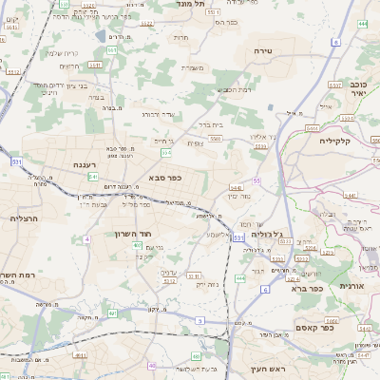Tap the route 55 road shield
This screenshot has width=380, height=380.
click(x=256, y=180)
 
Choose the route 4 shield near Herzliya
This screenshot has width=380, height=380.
click(x=85, y=238)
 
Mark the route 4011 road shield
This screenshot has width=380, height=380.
click(x=80, y=355)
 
